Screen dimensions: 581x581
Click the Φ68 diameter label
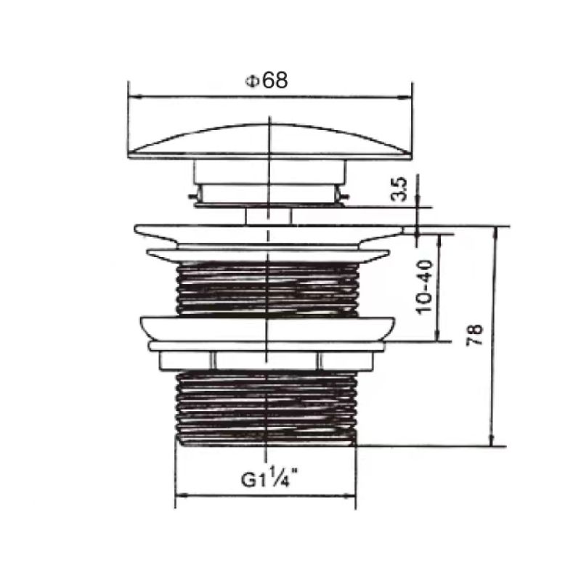click(267, 81)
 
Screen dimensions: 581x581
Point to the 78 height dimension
click(474, 336)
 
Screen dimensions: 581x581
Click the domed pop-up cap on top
click(269, 142)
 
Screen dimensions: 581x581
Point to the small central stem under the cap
click(268, 215)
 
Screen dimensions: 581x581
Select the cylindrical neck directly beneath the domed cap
click(269, 173)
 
